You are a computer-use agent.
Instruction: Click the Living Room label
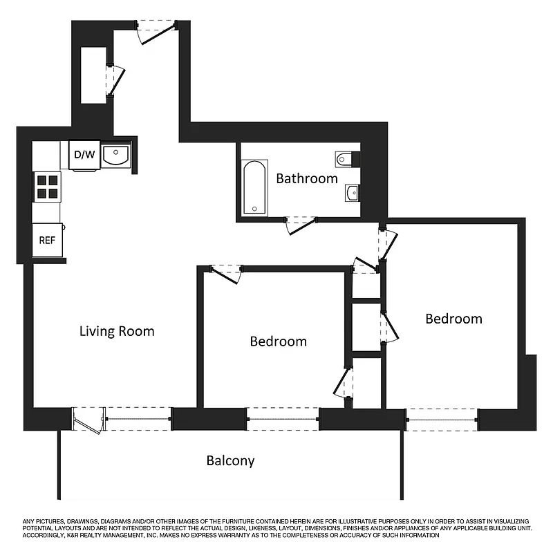point(117,331)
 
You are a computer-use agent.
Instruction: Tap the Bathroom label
point(307,178)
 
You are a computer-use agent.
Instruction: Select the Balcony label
point(230,460)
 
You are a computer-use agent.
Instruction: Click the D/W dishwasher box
point(84,154)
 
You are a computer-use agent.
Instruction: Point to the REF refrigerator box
point(47,241)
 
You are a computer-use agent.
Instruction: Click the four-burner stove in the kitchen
point(48,185)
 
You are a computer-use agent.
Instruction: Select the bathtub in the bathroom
point(254,187)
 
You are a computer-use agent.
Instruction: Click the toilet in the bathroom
point(346,160)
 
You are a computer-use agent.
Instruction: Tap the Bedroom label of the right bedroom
point(453,319)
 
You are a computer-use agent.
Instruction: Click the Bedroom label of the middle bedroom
point(278,341)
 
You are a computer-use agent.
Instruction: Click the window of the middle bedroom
point(282,419)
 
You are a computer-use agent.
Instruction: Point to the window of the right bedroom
point(441,419)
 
